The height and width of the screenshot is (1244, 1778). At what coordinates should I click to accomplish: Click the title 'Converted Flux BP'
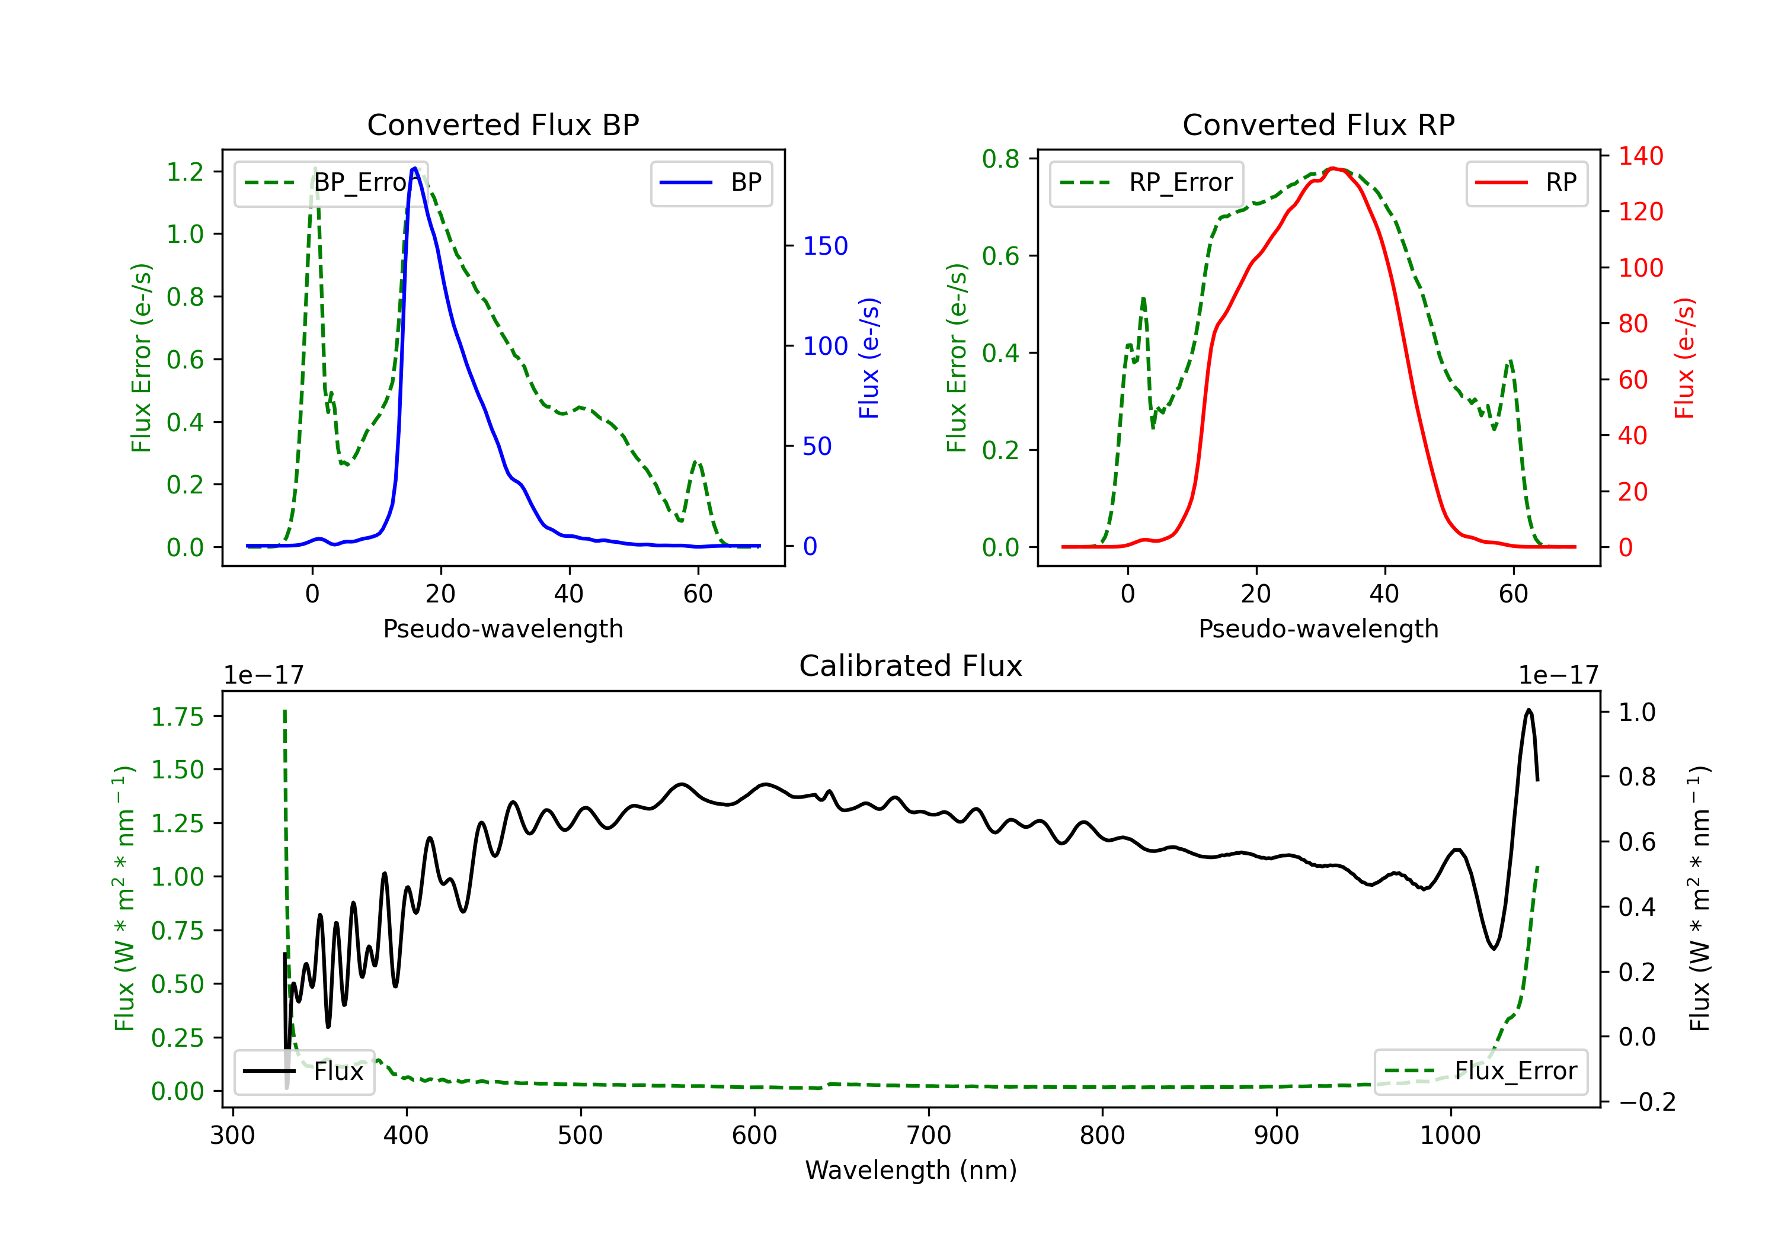coord(503,124)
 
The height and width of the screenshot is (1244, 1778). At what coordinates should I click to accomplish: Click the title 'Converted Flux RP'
coord(1318,124)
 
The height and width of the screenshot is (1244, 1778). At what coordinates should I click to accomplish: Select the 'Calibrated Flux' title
coord(911,666)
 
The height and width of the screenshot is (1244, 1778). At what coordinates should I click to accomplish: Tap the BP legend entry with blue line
coord(711,182)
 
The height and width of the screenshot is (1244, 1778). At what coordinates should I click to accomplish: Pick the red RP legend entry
coord(1526,182)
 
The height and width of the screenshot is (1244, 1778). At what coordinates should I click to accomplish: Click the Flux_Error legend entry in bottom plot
coord(1480,1072)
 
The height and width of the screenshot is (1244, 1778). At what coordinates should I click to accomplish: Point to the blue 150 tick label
coord(825,246)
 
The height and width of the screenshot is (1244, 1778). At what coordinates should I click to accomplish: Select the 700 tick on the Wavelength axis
coord(929,1136)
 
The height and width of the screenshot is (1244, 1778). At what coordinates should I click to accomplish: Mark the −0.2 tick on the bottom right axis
coord(1647,1102)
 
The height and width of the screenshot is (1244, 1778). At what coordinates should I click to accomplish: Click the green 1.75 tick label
coord(177,717)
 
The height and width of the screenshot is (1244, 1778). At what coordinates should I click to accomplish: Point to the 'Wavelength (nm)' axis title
coord(911,1170)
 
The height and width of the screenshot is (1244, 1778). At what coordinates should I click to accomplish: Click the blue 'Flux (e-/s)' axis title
coord(869,358)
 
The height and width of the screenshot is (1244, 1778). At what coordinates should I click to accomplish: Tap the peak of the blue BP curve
coord(415,168)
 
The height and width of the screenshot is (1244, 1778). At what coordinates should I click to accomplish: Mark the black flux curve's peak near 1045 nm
coord(1528,709)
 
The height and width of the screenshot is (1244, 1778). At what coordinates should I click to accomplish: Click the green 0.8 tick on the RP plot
coord(1000,159)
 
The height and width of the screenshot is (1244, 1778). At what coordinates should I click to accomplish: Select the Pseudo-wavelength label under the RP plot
coord(1318,629)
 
